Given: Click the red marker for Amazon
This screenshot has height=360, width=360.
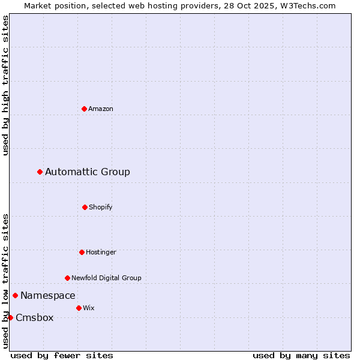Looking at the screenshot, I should [x=84, y=109].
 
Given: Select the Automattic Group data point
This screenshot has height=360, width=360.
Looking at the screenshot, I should [x=40, y=172].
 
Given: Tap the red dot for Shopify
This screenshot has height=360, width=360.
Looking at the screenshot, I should [x=85, y=207].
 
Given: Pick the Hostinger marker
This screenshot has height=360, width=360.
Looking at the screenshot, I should [x=82, y=252].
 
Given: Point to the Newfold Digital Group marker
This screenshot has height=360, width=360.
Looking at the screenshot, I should [x=67, y=278].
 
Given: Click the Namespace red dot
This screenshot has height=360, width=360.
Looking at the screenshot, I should [x=15, y=295].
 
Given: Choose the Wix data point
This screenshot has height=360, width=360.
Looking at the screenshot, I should [x=79, y=308].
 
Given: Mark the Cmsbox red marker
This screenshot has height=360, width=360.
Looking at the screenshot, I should [x=10, y=317].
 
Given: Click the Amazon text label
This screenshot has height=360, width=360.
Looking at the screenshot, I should [x=101, y=109].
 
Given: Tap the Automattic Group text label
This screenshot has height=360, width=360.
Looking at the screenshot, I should [x=88, y=172].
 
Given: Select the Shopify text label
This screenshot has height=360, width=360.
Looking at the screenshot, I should [x=101, y=207].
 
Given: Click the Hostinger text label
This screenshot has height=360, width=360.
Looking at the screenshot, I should [x=101, y=252].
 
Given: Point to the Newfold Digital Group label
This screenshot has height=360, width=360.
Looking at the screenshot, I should [x=107, y=278].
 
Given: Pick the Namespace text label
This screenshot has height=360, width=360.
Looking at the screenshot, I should [x=48, y=295].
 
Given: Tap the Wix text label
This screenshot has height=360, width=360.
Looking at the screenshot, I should [x=89, y=308].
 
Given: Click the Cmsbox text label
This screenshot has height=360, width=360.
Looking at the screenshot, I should [x=35, y=318].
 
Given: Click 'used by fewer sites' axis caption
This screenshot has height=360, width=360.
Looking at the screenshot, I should [x=62, y=355].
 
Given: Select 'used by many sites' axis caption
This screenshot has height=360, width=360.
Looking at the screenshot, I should [x=301, y=355].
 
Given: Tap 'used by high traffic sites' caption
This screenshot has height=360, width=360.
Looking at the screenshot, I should [x=6, y=85].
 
